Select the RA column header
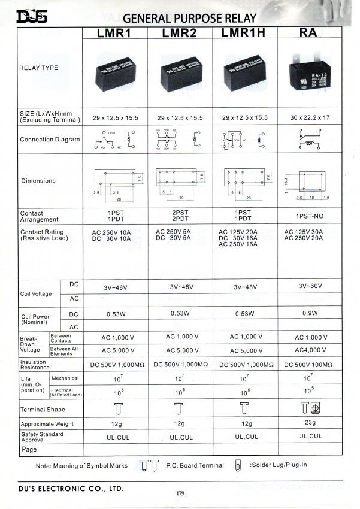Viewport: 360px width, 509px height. [311, 34]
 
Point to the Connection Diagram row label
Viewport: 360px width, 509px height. [50, 140]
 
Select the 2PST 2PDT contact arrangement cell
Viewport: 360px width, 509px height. [180, 216]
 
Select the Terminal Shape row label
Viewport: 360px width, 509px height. [43, 410]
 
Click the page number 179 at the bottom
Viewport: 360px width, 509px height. [179, 493]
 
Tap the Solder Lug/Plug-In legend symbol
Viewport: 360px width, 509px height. [238, 465]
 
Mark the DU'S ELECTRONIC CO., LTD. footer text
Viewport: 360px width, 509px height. [71, 488]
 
